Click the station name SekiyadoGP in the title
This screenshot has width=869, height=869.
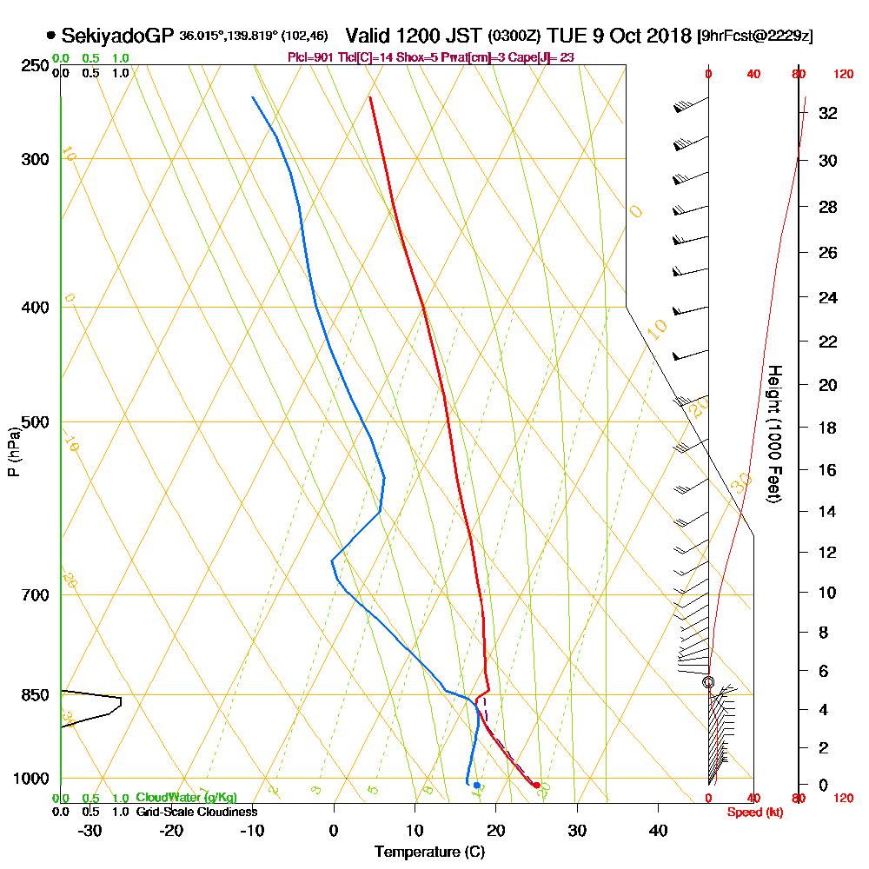click(x=117, y=36)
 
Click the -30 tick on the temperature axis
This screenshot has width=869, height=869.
click(x=90, y=830)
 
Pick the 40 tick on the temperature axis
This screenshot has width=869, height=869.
click(x=659, y=830)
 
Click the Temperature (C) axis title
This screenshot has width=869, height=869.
click(x=429, y=852)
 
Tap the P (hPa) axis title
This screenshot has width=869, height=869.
click(x=13, y=452)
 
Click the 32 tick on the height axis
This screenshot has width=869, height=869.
click(x=826, y=113)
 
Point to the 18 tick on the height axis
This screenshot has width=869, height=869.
click(x=826, y=428)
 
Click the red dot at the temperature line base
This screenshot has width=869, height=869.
click(x=536, y=786)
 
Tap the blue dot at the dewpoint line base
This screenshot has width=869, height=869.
click(x=476, y=785)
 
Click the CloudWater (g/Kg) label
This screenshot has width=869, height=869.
click(x=186, y=798)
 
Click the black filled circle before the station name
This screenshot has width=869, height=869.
click(x=51, y=36)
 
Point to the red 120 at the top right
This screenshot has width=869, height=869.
click(x=843, y=75)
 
